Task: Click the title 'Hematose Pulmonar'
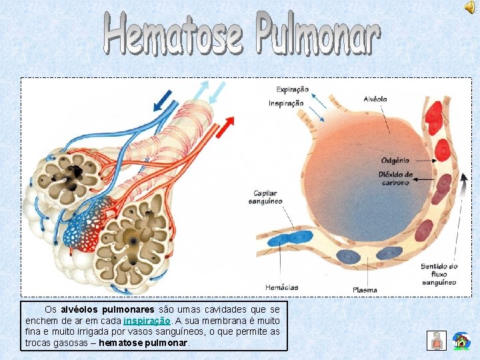242,34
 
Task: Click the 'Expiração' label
293,89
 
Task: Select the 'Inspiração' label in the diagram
286,103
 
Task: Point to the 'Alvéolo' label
375,99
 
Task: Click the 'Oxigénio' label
395,161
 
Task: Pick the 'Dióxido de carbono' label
396,179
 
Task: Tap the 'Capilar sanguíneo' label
265,197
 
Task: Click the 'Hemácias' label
281,287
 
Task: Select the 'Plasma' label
365,290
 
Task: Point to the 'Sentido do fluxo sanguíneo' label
439,274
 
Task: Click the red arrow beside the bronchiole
227,124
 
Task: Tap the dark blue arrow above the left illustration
161,100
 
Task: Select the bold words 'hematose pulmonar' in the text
143,343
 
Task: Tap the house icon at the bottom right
461,341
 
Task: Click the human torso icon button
436,340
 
